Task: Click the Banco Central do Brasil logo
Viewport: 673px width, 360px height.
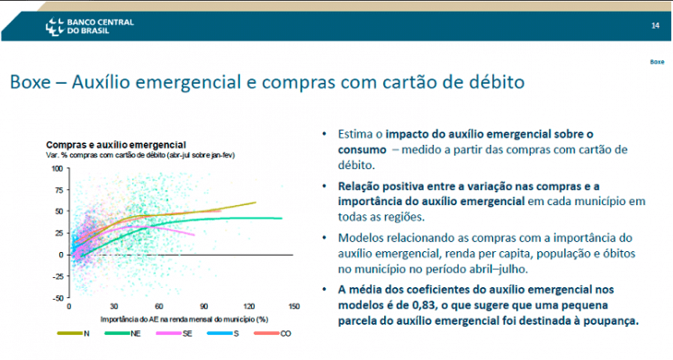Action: (x=90, y=27)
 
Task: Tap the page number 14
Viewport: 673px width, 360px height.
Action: (x=655, y=26)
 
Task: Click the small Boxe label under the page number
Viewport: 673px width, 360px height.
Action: (x=657, y=62)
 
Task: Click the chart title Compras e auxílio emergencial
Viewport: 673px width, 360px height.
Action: (x=116, y=145)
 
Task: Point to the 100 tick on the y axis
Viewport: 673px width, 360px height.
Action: (x=58, y=168)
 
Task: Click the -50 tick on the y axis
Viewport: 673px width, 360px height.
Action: (x=58, y=298)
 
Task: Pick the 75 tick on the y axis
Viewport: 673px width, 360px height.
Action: (x=59, y=190)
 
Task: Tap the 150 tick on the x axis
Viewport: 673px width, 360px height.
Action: (x=294, y=306)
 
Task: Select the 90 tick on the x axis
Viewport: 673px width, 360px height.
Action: (x=204, y=306)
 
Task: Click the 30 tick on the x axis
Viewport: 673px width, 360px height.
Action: (x=113, y=306)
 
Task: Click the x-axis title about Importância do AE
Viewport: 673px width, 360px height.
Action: (x=184, y=319)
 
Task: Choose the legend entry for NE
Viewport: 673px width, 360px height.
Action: (x=122, y=333)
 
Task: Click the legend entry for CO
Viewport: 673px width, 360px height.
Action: (x=273, y=333)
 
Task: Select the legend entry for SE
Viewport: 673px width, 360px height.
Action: (x=175, y=333)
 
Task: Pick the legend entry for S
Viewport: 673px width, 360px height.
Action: (x=223, y=333)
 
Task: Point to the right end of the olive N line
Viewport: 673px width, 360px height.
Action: (x=256, y=202)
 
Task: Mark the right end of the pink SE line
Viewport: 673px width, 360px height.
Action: (x=194, y=235)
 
